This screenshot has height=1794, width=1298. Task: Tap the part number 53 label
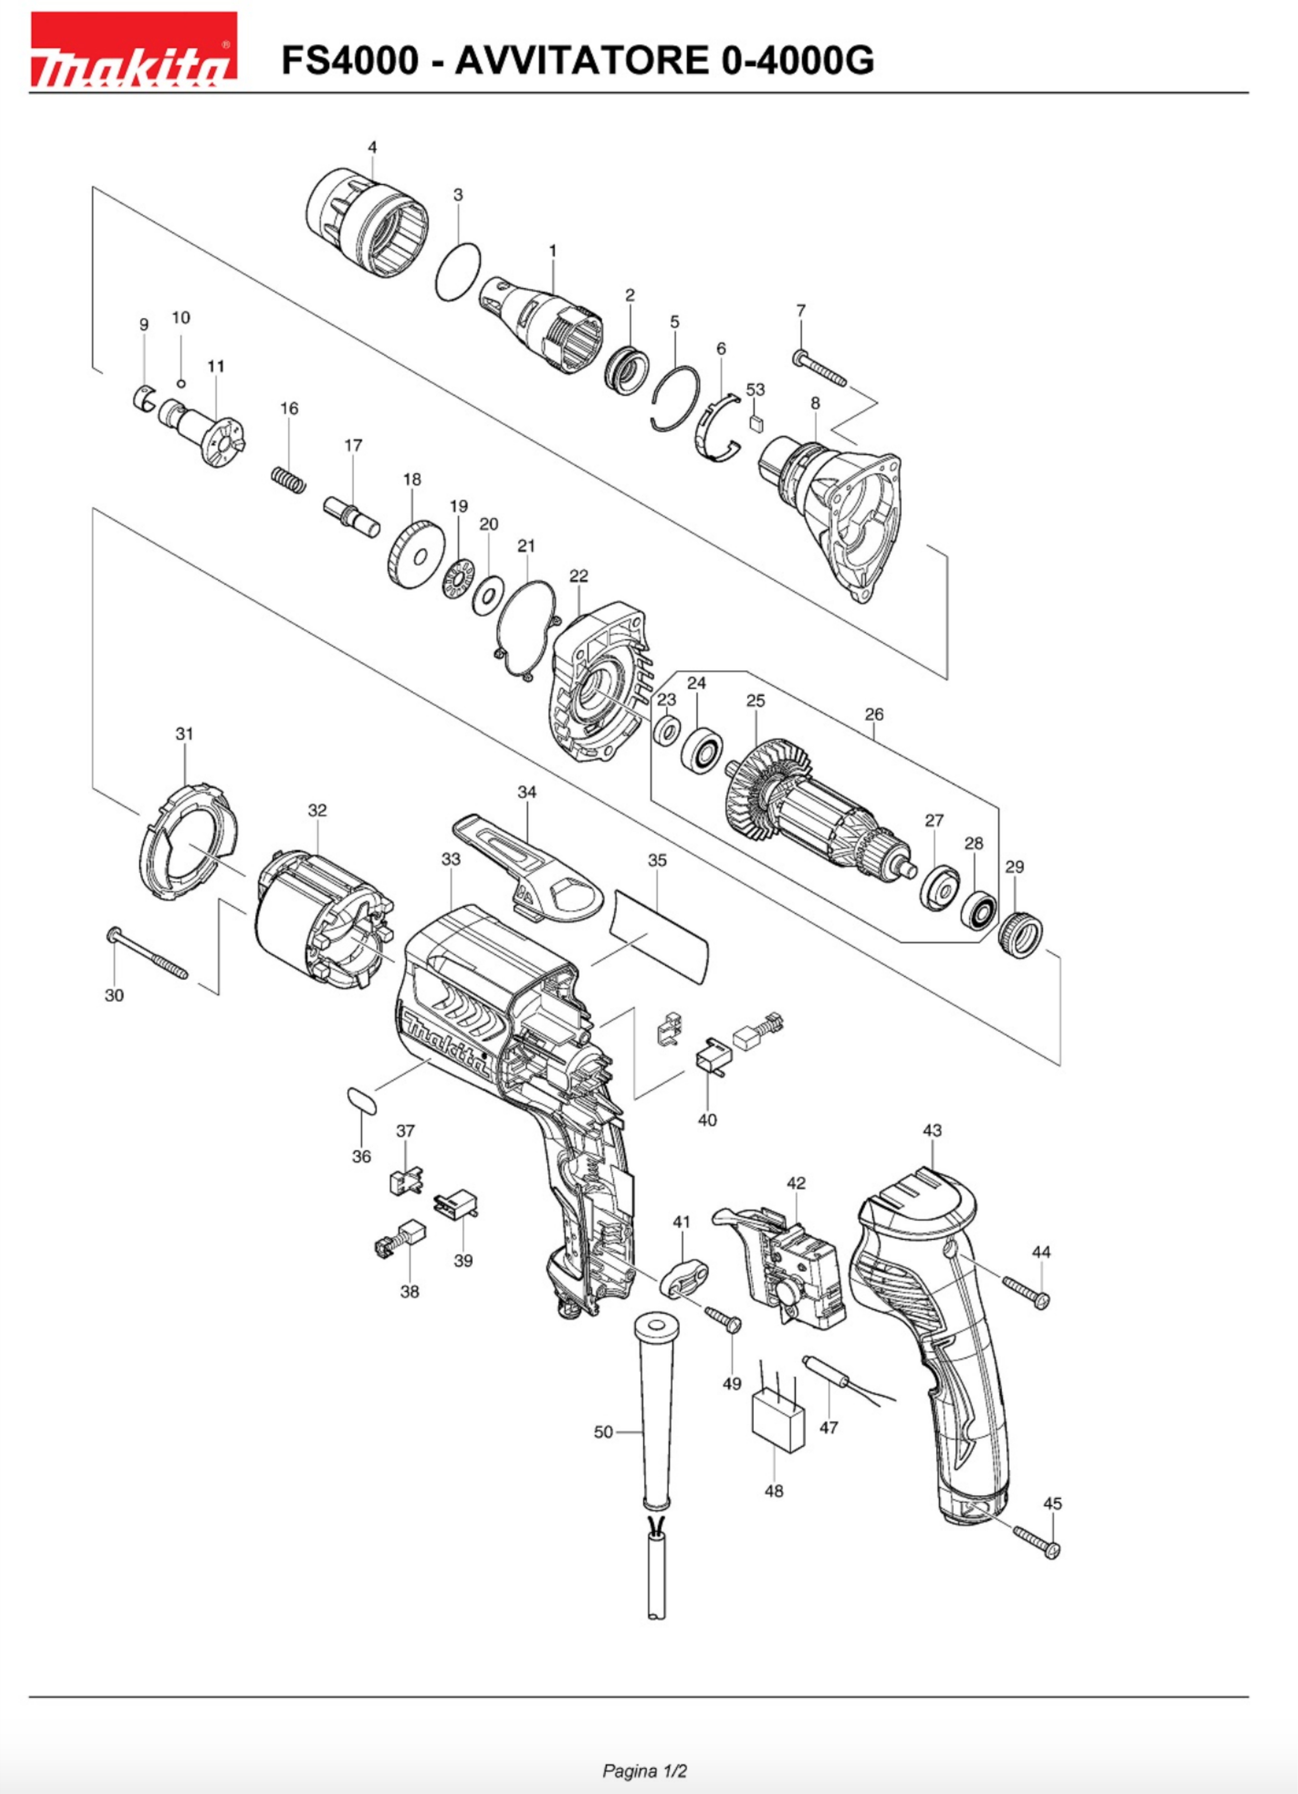point(755,389)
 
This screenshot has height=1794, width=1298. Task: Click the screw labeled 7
point(819,370)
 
